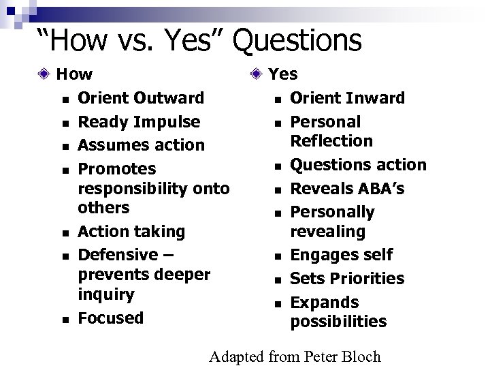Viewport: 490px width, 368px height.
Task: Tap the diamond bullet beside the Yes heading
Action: pyautogui.click(x=255, y=74)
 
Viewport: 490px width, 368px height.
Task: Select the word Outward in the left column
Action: pyautogui.click(x=170, y=98)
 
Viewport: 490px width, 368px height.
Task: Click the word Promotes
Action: pyautogui.click(x=117, y=168)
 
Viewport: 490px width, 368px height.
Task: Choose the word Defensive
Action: pyautogui.click(x=118, y=255)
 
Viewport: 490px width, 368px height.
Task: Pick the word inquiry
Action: pyautogui.click(x=106, y=295)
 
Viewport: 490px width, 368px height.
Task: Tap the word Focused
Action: pyautogui.click(x=111, y=318)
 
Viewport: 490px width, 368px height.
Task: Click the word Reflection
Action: pyautogui.click(x=331, y=141)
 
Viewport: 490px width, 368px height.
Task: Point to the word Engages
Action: pyautogui.click(x=323, y=255)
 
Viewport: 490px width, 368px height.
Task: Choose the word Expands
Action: pyautogui.click(x=325, y=302)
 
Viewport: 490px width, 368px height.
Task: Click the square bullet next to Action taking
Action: pyautogui.click(x=63, y=233)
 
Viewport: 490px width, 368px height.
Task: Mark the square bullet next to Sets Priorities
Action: pyautogui.click(x=278, y=279)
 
